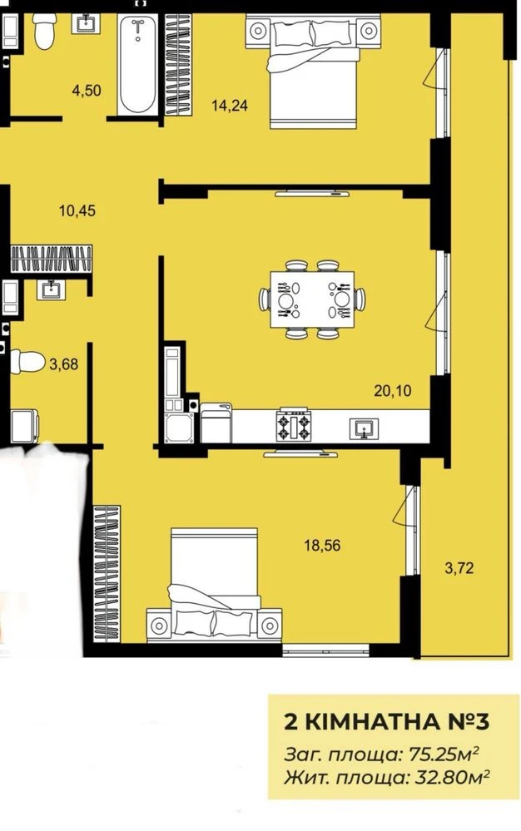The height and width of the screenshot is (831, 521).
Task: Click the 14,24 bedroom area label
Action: click(x=230, y=106)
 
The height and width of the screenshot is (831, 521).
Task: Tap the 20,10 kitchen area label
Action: click(x=392, y=391)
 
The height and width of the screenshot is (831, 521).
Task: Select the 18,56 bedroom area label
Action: click(x=322, y=545)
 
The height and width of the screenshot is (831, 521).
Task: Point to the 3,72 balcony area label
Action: click(x=459, y=569)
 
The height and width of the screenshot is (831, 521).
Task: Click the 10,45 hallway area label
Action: click(x=77, y=211)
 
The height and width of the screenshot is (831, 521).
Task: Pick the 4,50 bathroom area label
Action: click(x=87, y=91)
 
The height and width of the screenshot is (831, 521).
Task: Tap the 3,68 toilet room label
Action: click(x=63, y=364)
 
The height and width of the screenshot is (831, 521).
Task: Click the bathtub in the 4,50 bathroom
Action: click(x=138, y=65)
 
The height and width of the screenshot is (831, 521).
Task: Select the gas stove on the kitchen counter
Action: click(x=294, y=425)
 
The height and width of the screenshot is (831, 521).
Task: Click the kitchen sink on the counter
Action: click(x=364, y=428)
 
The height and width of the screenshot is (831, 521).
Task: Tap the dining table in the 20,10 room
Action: click(x=312, y=300)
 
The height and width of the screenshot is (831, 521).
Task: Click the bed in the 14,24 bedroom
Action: click(x=313, y=72)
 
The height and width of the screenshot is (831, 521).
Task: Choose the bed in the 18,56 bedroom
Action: click(x=214, y=584)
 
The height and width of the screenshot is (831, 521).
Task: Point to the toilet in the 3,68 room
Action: click(x=27, y=361)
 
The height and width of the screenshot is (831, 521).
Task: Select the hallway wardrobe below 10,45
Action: click(x=51, y=259)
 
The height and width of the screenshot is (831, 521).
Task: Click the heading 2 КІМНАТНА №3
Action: click(x=387, y=722)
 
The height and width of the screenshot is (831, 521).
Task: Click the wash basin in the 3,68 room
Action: click(x=52, y=289)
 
